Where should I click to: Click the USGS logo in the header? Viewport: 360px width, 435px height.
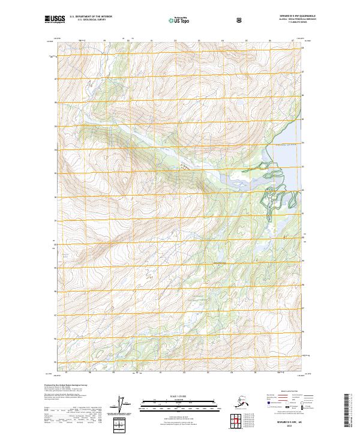(54, 20)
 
